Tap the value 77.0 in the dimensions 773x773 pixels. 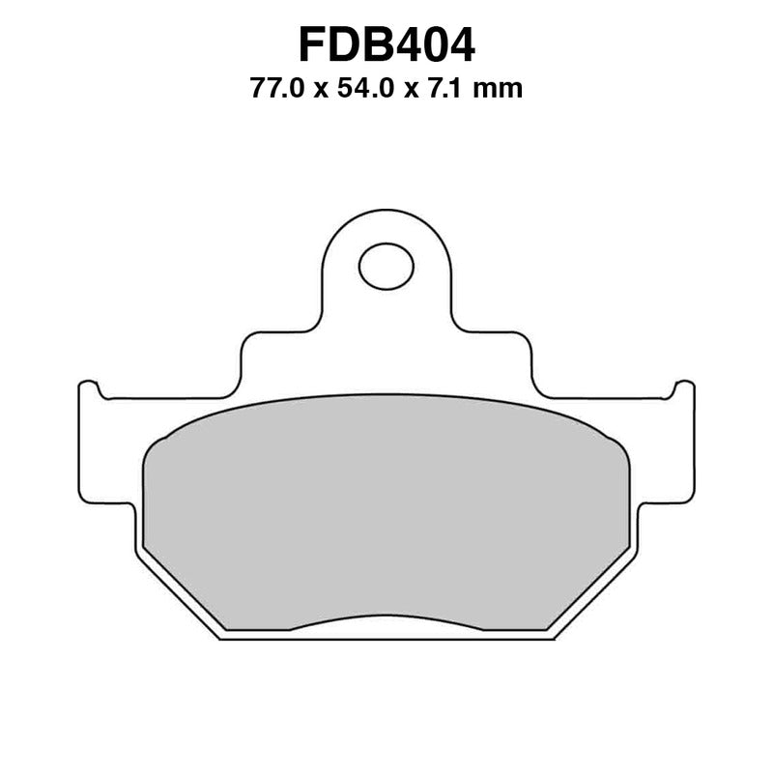[x=274, y=90]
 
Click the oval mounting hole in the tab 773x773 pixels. [x=386, y=265]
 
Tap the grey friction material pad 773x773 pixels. [x=386, y=512]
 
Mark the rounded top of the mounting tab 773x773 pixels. [x=386, y=215]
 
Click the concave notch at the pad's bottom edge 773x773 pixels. [x=386, y=619]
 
